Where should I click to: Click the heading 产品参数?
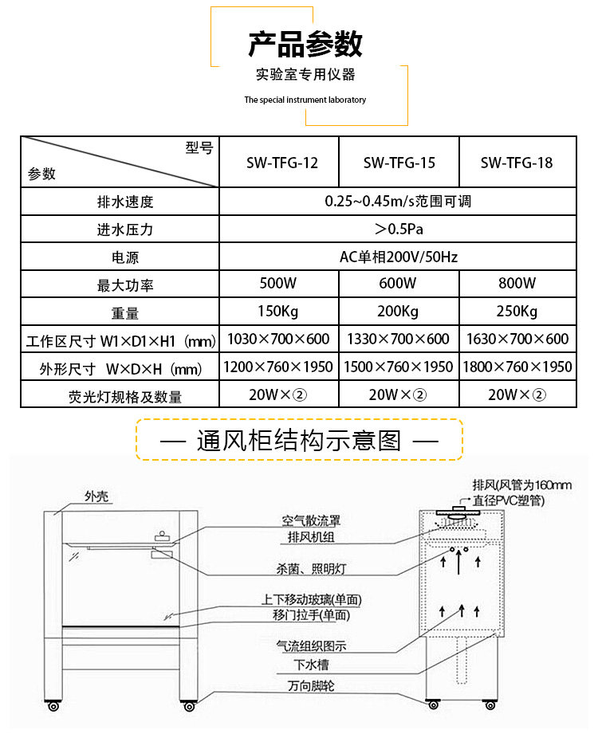pos(305,44)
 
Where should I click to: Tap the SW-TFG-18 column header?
pos(517,163)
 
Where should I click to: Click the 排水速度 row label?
pos(124,202)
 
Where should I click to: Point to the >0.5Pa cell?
pos(398,230)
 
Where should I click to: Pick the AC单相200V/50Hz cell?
pos(398,257)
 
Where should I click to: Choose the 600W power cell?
pos(398,284)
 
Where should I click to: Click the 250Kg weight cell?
pos(517,311)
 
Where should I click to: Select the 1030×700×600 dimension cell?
pos(278,339)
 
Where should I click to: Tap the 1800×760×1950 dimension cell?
pos(517,367)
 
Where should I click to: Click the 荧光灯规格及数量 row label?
pos(124,396)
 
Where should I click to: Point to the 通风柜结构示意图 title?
pos(299,440)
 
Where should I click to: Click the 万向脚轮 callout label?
pos(311,685)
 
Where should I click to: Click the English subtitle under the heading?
pos(305,100)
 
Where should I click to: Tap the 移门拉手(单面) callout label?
pos(310,614)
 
